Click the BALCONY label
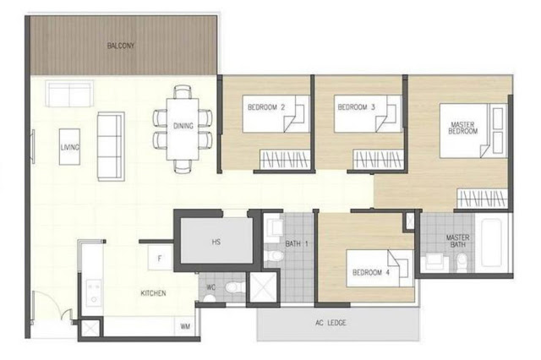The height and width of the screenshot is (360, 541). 121,46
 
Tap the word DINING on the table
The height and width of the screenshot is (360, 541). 183,126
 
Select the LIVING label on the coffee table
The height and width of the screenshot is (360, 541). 70,147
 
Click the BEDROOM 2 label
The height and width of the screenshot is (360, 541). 266,107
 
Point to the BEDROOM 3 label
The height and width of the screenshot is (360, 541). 357,107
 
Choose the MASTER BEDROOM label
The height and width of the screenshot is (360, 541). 463,128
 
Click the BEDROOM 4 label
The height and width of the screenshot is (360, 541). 371,272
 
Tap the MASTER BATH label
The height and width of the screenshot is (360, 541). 458,241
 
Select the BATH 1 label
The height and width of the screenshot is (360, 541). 297,243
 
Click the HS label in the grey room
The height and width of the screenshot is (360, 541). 216,242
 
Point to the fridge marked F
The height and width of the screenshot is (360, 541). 160,258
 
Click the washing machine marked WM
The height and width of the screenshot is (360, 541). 185,326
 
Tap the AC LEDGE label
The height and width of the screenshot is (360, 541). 331,323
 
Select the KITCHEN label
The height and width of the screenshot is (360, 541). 153,293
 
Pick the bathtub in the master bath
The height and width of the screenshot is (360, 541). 491,243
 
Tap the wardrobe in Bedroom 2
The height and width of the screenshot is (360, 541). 285,160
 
